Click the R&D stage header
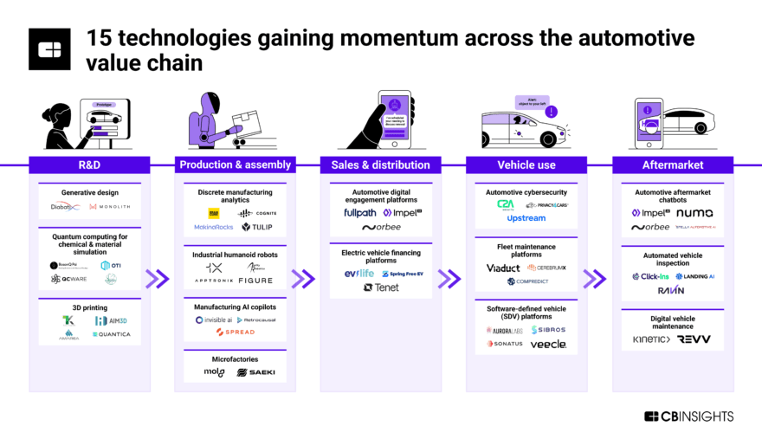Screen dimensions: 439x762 pyautogui.click(x=89, y=165)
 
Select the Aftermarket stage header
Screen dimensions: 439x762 pyautogui.click(x=673, y=165)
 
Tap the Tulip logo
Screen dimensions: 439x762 pyautogui.click(x=257, y=227)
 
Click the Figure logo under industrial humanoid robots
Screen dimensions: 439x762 pyautogui.click(x=255, y=281)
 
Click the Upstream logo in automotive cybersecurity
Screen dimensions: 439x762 pyautogui.click(x=526, y=218)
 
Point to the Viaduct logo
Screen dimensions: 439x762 pyautogui.click(x=503, y=268)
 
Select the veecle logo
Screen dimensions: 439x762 pyautogui.click(x=548, y=344)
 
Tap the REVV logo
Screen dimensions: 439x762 pyautogui.click(x=694, y=339)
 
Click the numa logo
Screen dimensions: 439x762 pyautogui.click(x=694, y=212)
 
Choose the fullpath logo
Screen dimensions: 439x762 pyautogui.click(x=359, y=212)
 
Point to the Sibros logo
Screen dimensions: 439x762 pyautogui.click(x=549, y=330)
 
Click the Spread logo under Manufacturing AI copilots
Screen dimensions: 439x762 pyautogui.click(x=235, y=332)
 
